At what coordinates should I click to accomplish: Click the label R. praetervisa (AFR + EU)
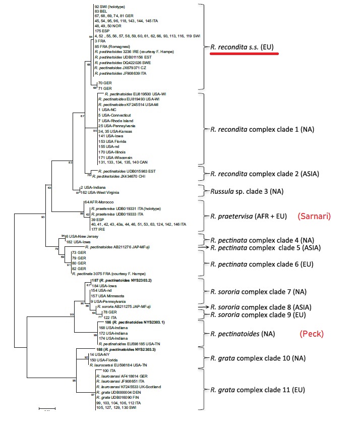tap(245, 216)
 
